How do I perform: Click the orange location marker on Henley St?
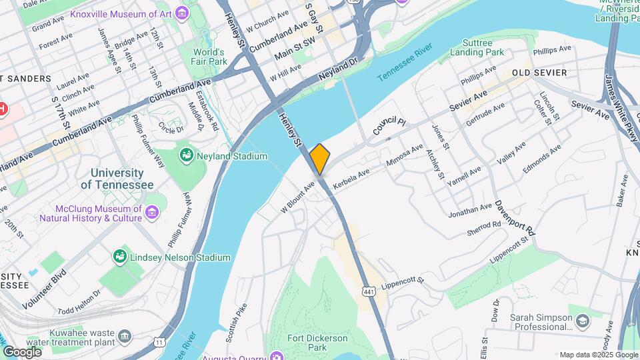coord(320,159)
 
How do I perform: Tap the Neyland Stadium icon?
coord(187,156)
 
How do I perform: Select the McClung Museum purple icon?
coord(153,213)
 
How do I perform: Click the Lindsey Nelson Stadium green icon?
coord(120,257)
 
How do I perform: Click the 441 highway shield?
coord(368,290)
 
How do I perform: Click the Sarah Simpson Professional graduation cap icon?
coord(583,323)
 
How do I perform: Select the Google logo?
coord(22,351)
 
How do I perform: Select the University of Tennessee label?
coord(117,179)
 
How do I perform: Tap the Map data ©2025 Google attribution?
coord(598,355)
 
